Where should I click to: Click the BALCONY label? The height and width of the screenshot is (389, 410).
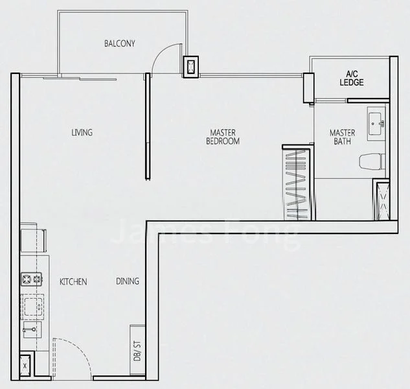click(120, 44)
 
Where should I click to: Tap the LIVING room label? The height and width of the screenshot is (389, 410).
click(82, 133)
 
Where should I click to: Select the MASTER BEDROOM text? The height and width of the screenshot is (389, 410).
click(223, 137)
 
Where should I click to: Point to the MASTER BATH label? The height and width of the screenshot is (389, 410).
click(342, 137)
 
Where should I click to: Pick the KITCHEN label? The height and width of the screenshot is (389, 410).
click(73, 282)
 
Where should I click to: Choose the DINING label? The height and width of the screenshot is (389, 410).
click(128, 281)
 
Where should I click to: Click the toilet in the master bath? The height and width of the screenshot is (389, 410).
click(372, 160)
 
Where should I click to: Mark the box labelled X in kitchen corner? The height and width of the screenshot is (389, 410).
click(25, 364)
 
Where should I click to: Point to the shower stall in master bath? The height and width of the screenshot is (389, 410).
click(381, 199)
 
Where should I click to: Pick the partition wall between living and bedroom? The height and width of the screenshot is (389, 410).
click(148, 126)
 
